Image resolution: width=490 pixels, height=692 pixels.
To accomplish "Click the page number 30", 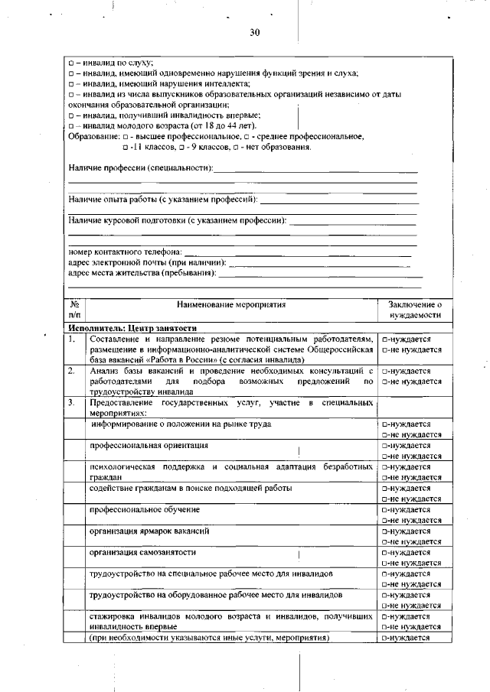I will [x=255, y=32].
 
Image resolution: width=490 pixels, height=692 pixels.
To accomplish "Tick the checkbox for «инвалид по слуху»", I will [x=71, y=62].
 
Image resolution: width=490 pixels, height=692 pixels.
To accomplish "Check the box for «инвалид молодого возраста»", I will [x=71, y=125].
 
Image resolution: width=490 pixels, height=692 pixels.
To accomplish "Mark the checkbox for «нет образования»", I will [x=237, y=147].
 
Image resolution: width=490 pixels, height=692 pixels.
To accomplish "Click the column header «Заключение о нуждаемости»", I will [x=414, y=310].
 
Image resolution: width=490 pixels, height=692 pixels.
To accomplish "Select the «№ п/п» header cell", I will [x=74, y=310].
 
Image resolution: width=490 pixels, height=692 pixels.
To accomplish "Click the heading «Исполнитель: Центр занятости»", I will [x=127, y=328].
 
